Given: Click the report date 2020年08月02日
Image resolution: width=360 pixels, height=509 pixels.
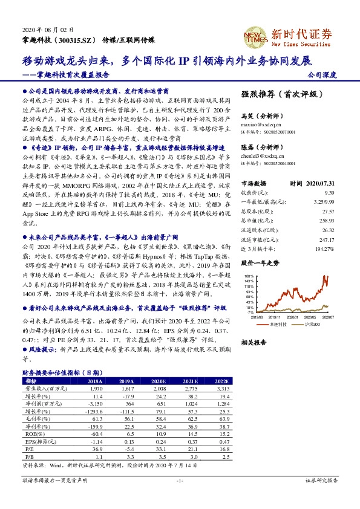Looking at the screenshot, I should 43,30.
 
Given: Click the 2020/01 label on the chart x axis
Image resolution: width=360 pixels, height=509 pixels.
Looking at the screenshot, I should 293,317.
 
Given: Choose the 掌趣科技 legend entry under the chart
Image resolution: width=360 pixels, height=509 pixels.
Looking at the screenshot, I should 277,325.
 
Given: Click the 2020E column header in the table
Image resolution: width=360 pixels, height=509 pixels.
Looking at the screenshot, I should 158,382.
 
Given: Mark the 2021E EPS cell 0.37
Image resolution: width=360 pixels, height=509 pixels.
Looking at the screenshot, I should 189,442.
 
